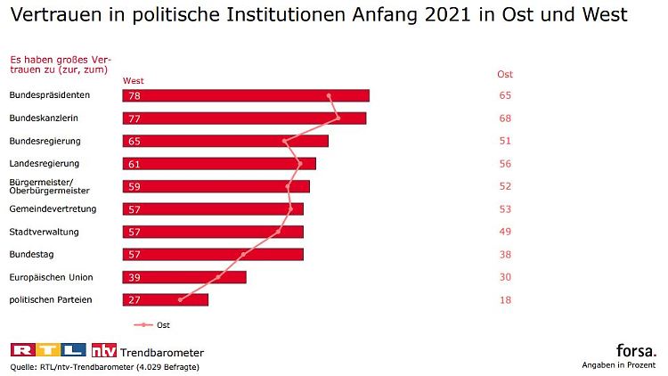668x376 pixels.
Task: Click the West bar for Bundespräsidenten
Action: (246, 95)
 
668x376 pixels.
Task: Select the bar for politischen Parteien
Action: (166, 299)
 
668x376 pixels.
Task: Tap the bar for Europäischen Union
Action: (184, 277)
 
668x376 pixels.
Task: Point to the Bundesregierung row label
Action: (45, 141)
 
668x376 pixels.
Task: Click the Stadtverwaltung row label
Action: (44, 232)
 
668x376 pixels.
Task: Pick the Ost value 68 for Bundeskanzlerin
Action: (505, 119)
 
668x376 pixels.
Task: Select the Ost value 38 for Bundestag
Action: (505, 255)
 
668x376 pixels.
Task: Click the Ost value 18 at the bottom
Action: (505, 300)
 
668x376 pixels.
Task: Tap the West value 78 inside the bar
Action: (134, 96)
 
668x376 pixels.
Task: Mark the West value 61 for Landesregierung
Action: (134, 164)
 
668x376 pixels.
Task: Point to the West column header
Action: (134, 81)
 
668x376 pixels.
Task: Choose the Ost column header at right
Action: (505, 75)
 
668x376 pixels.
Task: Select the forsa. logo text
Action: (636, 350)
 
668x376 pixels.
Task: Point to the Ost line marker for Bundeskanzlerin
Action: (338, 119)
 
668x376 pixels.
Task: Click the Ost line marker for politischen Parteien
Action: (180, 299)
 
